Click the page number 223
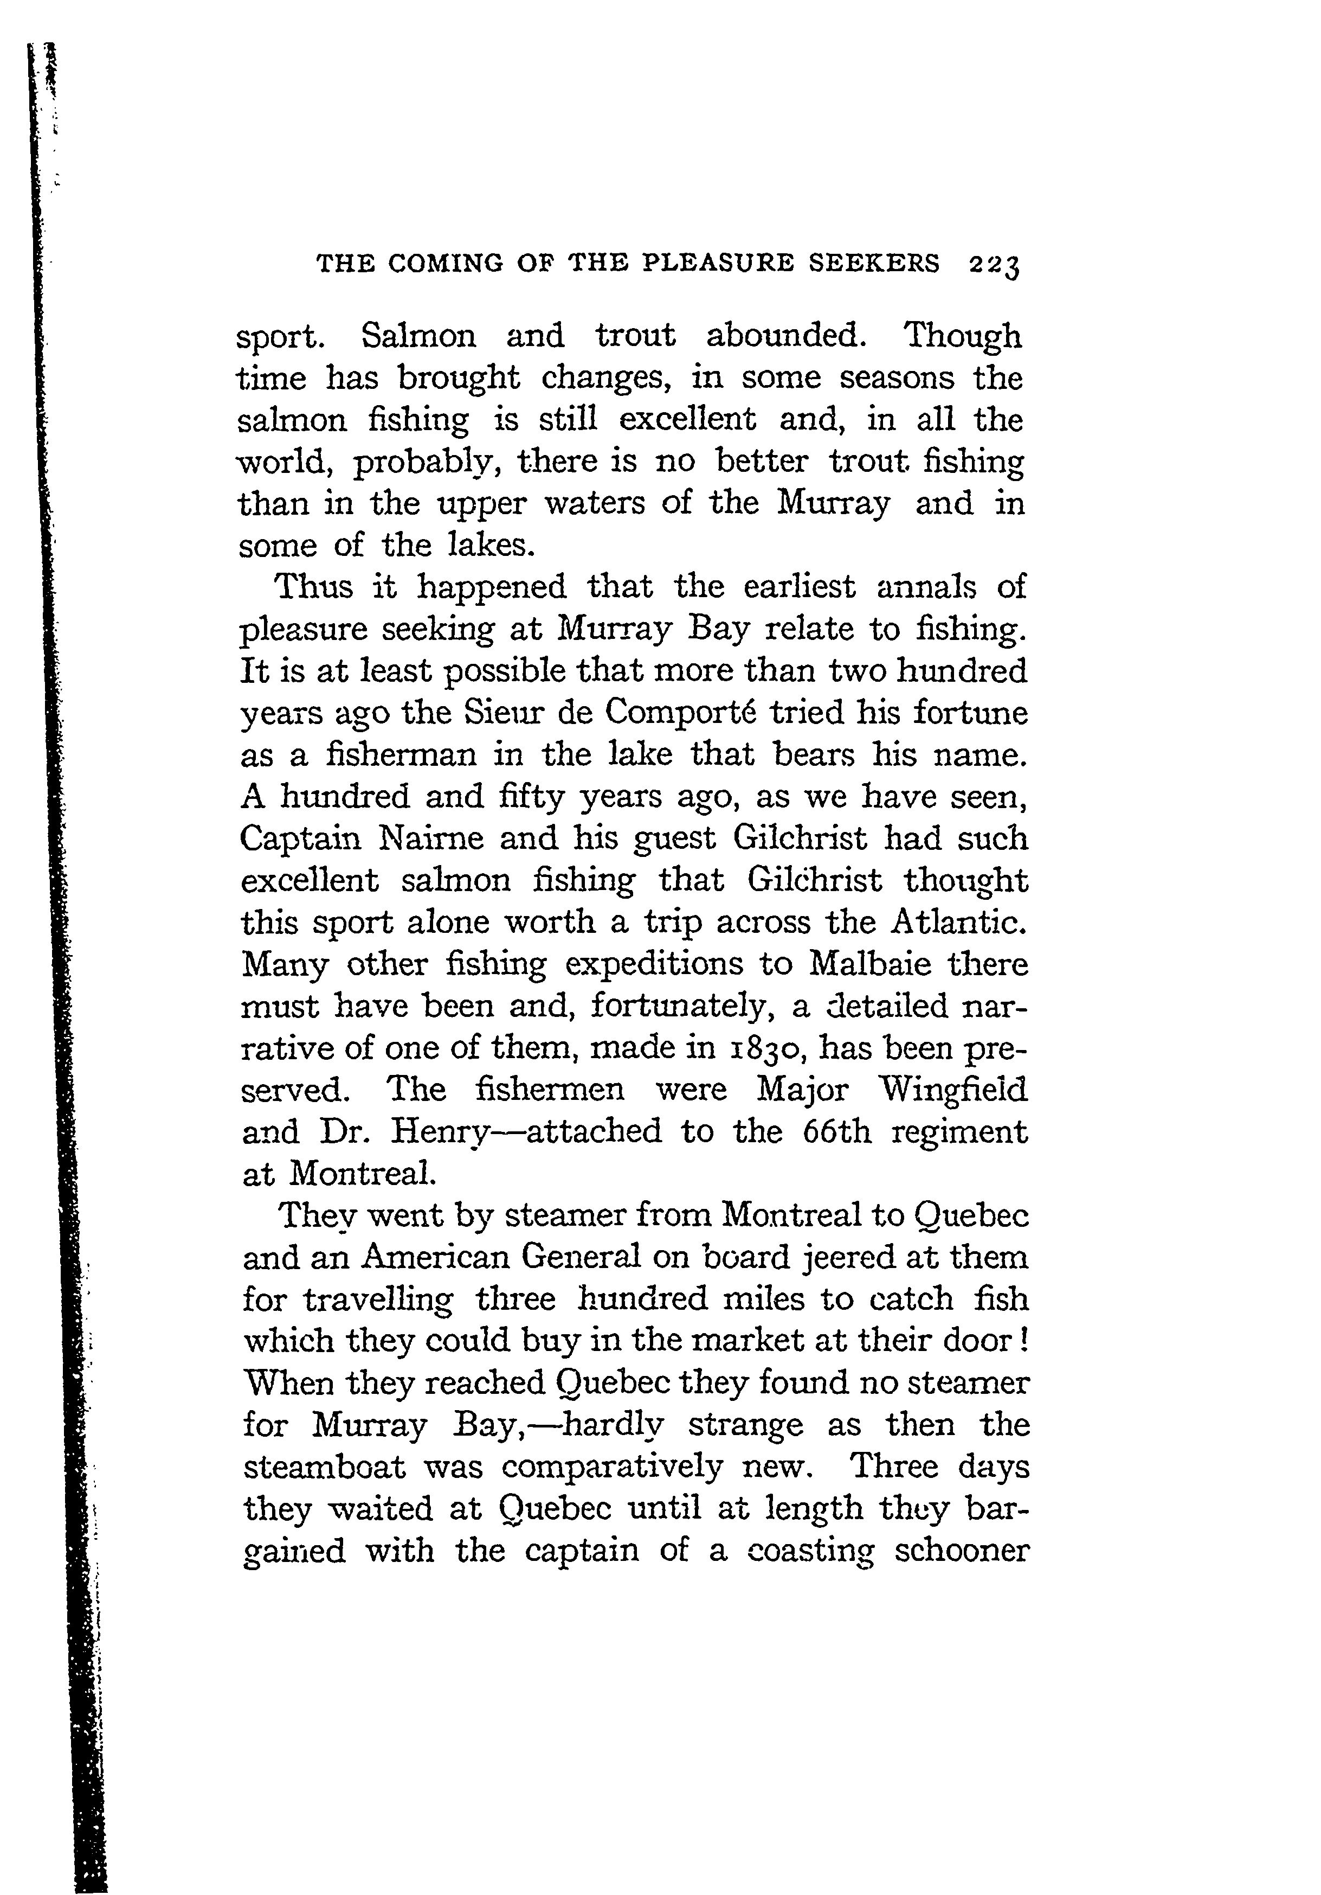pos(995,265)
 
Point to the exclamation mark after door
pos(1023,1340)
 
